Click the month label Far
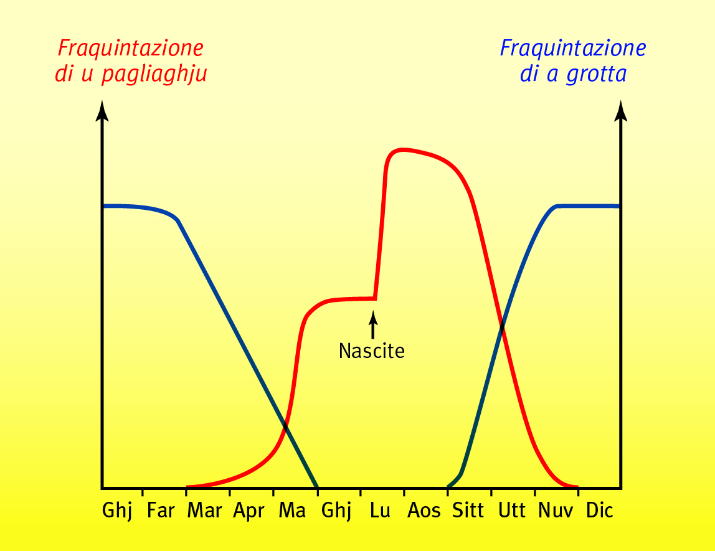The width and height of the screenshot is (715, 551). coord(161,512)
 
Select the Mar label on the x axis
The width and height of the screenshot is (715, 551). coord(204,512)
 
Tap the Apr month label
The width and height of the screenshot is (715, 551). coord(249,512)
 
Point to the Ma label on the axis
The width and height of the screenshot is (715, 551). coord(292,512)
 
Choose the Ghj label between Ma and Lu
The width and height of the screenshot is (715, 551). coord(336,512)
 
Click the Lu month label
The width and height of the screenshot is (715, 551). coord(380,512)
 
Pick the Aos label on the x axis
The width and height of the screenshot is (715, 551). coord(424,512)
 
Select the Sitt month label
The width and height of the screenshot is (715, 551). coord(468,512)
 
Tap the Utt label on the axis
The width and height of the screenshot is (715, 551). coord(513,512)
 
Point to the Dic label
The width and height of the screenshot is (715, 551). coord(600,512)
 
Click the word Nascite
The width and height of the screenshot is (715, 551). coord(372,351)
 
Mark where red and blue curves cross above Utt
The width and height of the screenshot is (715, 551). coord(502,324)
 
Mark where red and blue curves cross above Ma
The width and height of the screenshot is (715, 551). coord(285,426)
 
